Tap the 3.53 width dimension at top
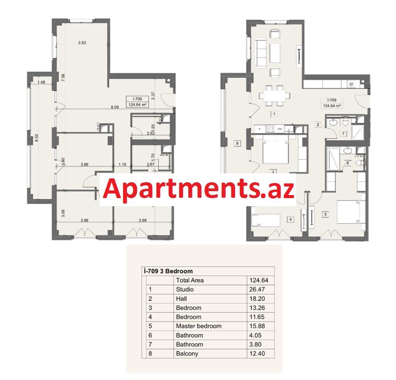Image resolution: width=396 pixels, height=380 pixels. pos(82,43)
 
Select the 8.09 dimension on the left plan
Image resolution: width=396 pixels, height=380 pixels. pos(114,106)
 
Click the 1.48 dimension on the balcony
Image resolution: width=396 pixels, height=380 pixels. pos(42,82)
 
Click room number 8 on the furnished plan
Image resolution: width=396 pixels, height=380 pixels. pos(238,144)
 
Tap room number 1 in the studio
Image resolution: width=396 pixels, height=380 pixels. pos(274,114)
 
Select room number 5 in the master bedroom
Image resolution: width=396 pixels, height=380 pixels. pos(326,214)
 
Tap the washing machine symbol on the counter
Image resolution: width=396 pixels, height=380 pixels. pos(352,84)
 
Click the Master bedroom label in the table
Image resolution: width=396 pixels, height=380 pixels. pos(199,326)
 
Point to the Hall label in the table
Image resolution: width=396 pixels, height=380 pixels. pos(181,299)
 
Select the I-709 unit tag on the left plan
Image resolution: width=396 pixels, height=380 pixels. pos(138,101)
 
